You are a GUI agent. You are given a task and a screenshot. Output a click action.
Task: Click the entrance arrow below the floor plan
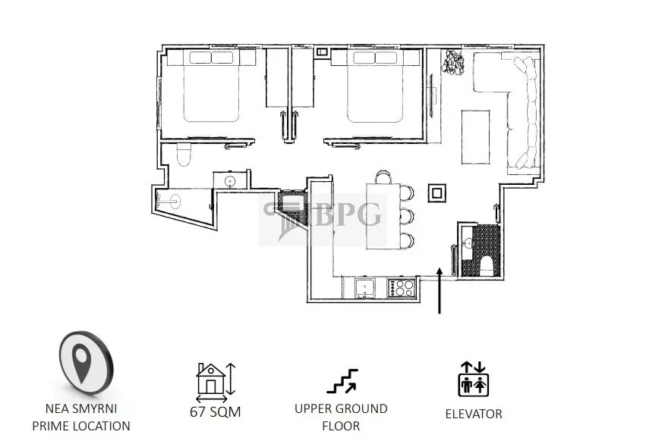click(440, 290)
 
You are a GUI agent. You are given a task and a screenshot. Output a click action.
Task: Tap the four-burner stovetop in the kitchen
click(401, 287)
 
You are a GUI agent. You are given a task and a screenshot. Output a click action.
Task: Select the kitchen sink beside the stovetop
click(365, 287)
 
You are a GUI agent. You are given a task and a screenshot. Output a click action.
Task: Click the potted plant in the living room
click(452, 63)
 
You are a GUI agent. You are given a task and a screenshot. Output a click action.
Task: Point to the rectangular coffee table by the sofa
click(475, 137)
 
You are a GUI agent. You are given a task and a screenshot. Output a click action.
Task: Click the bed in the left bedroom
click(211, 86)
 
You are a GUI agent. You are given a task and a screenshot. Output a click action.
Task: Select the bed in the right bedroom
click(375, 86)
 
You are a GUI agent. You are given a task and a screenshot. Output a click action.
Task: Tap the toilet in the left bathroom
click(184, 155)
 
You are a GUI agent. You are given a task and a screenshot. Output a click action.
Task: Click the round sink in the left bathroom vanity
click(229, 181)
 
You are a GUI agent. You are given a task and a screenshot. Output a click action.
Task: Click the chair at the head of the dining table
click(383, 177)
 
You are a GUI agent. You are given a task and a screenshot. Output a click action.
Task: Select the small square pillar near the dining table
click(436, 192)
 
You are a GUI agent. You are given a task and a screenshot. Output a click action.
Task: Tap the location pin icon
click(86, 362)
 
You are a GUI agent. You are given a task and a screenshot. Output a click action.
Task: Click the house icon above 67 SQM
click(210, 379)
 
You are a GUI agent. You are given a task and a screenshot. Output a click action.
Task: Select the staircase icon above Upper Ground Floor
click(343, 381)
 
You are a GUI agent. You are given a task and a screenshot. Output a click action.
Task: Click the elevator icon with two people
click(474, 379)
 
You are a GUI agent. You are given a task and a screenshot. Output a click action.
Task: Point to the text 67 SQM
click(216, 411)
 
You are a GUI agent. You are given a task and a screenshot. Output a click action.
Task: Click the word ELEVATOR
click(474, 414)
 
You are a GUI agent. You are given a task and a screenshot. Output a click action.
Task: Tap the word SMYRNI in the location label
click(94, 408)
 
